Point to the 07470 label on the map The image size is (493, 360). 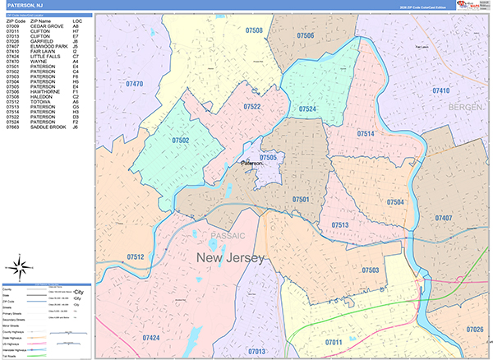[134, 84]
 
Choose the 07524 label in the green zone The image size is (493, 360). [308, 108]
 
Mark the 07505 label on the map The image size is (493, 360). [268, 157]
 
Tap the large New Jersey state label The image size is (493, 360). [230, 259]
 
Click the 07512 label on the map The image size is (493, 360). [136, 257]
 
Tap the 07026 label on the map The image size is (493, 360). [475, 330]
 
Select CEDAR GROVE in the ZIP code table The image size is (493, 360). [46, 26]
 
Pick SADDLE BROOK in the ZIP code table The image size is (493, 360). [47, 127]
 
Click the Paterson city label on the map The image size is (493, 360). [251, 164]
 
